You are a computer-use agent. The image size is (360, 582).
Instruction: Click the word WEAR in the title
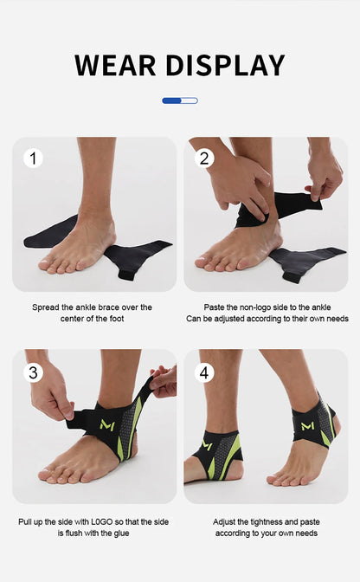pyautogui.click(x=114, y=65)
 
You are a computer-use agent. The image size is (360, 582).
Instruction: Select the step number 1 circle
pyautogui.click(x=33, y=158)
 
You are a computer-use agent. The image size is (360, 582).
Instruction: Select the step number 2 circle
pyautogui.click(x=205, y=158)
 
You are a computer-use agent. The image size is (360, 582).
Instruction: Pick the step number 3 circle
pyautogui.click(x=33, y=372)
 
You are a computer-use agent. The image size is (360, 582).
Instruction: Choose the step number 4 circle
pyautogui.click(x=205, y=372)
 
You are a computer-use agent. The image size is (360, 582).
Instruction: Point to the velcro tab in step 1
pyautogui.click(x=126, y=275)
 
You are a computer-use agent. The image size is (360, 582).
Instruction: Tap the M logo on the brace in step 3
pyautogui.click(x=108, y=425)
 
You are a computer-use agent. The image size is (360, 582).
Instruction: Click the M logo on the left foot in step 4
pyautogui.click(x=208, y=445)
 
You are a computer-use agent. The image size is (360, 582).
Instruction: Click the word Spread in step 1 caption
pyautogui.click(x=47, y=307)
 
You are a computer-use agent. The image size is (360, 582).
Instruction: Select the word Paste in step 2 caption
pyautogui.click(x=215, y=307)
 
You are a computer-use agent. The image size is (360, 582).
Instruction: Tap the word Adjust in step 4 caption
pyautogui.click(x=226, y=522)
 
